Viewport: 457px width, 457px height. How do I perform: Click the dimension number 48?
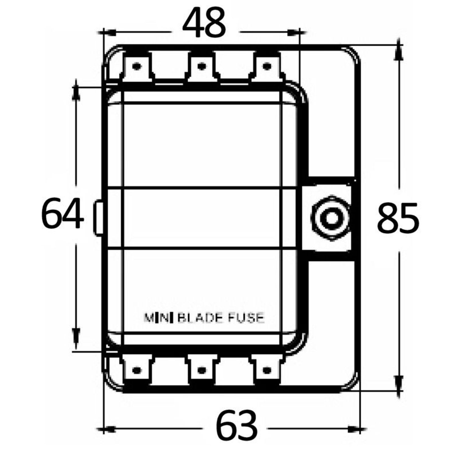[204, 23]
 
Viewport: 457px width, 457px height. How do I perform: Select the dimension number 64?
[62, 213]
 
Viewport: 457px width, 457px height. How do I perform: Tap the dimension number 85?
[398, 218]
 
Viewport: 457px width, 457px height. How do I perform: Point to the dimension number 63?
[237, 425]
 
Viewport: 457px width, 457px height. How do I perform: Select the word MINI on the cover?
[158, 318]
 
